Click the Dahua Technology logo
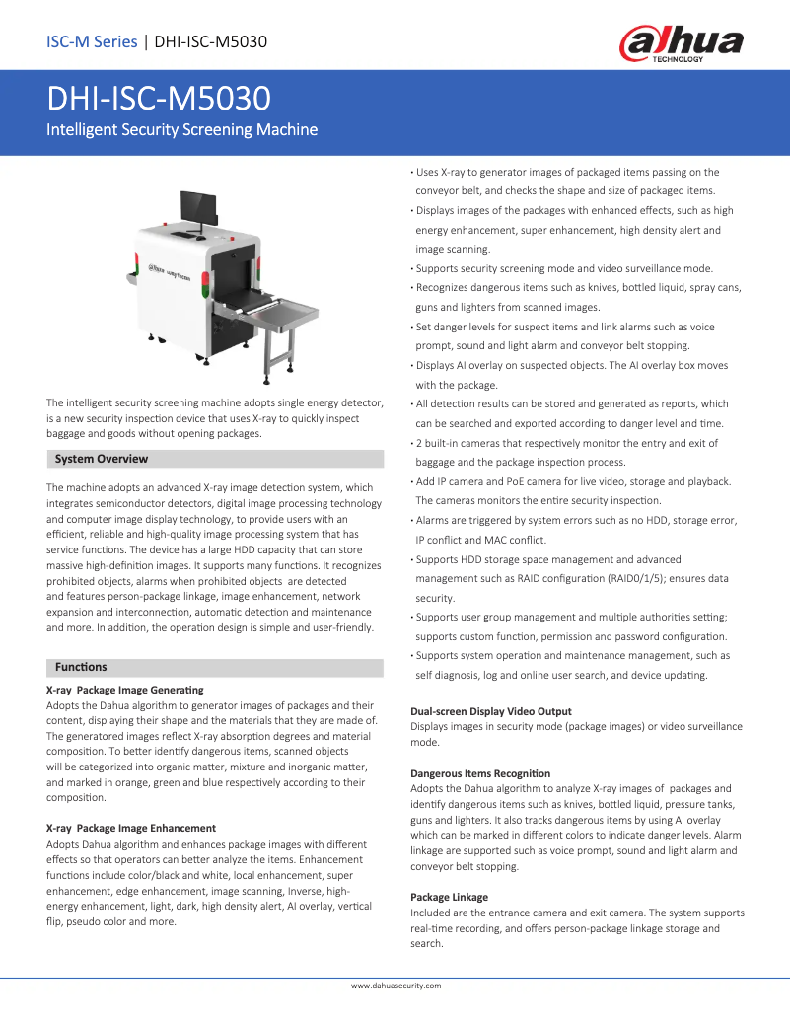click(x=681, y=44)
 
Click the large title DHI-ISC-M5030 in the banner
click(x=160, y=99)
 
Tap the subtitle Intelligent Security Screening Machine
click(x=182, y=129)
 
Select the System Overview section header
click(x=102, y=459)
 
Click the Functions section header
click(x=81, y=667)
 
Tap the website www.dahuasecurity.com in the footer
click(x=395, y=986)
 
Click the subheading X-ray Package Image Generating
click(x=125, y=690)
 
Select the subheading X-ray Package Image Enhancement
click(x=131, y=828)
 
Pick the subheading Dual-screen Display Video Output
click(x=490, y=711)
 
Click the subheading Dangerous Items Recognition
click(x=480, y=773)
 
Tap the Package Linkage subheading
click(x=449, y=897)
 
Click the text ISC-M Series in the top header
click(x=92, y=41)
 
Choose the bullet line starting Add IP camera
click(x=573, y=481)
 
